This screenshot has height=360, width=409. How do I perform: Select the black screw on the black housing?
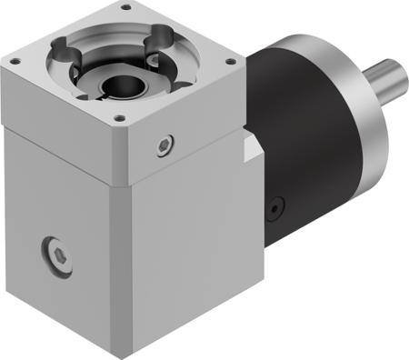pyautogui.click(x=272, y=208)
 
